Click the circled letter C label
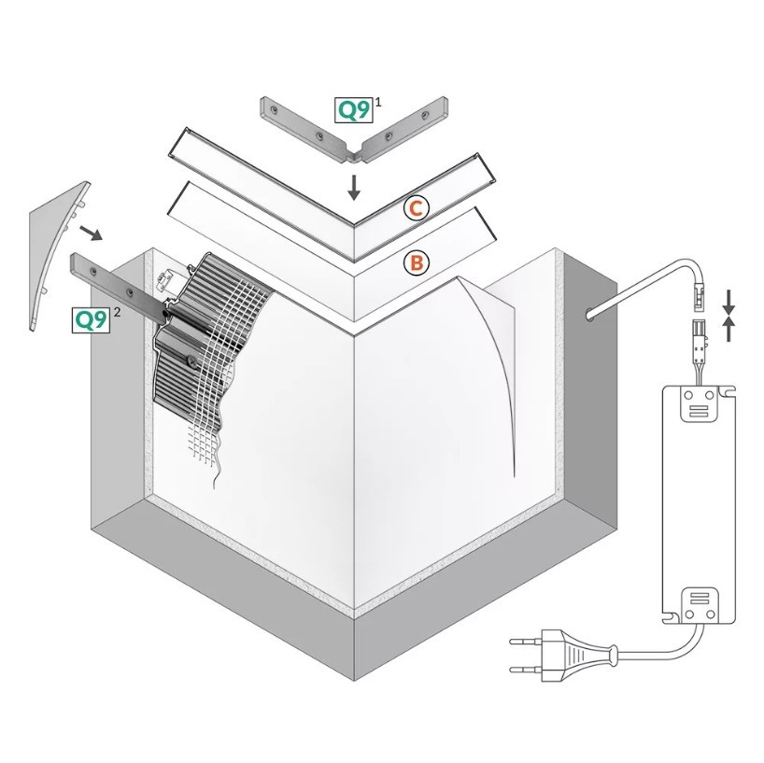[x=417, y=208]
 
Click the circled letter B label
[x=417, y=263]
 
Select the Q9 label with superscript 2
[x=91, y=320]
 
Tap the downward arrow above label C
[x=354, y=187]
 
